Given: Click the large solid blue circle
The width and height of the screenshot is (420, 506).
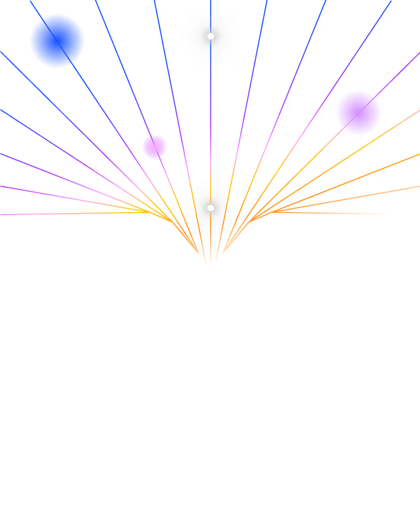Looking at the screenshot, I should (x=57, y=41).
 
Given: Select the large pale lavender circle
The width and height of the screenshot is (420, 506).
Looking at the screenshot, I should (x=358, y=113).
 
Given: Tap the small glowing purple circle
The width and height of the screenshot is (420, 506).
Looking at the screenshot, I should (x=155, y=147).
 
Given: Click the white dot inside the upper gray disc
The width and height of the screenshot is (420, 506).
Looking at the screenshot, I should (x=210, y=36).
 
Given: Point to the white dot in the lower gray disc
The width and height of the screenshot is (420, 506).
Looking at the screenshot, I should (x=210, y=208).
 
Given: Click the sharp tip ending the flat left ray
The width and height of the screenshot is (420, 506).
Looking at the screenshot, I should (x=148, y=212).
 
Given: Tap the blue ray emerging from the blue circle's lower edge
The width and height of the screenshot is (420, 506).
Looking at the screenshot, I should (x=77, y=75).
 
